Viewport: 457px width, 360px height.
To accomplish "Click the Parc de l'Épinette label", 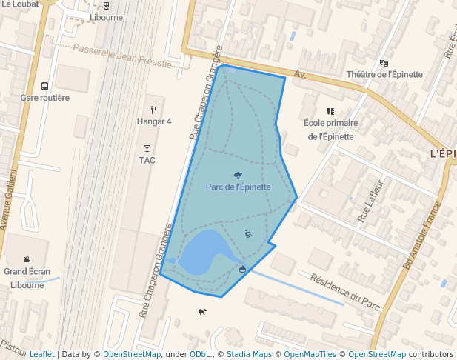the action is tap(238, 187).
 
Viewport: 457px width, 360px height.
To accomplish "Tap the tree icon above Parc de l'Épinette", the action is tap(238, 175).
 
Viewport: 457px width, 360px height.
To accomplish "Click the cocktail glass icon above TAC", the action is tap(147, 148).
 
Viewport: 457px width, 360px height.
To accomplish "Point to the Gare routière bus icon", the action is tap(45, 86).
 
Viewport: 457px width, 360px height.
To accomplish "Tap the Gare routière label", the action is tap(45, 98).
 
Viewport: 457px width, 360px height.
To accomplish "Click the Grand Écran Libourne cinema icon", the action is tap(27, 259).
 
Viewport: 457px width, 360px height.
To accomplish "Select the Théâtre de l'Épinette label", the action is tap(384, 75).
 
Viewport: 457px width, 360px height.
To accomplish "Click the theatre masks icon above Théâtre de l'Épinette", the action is tap(384, 63).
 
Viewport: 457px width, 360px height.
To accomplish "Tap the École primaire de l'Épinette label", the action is tap(331, 130).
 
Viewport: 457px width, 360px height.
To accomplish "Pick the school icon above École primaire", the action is tap(330, 111).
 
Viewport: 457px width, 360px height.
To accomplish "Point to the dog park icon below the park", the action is tap(202, 311).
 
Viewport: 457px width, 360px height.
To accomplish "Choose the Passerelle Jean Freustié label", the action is tap(122, 56).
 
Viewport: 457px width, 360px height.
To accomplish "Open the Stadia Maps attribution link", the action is tap(247, 354).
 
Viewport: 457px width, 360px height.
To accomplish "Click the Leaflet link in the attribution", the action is tap(41, 354).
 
